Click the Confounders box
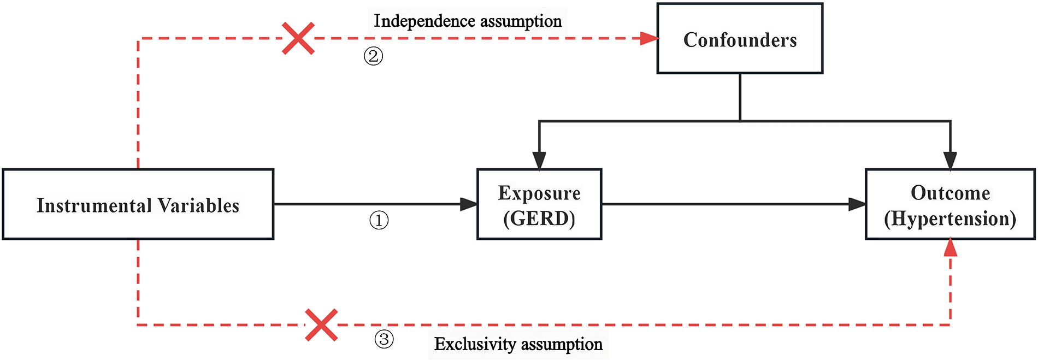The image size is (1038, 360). tap(740, 39)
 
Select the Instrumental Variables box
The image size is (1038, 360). tap(138, 204)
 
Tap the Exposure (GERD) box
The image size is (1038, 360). tap(539, 204)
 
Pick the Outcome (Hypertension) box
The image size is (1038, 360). tap(950, 204)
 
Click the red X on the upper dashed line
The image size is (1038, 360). tap(298, 38)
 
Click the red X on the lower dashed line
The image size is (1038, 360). tap(321, 325)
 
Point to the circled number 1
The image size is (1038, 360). tap(379, 221)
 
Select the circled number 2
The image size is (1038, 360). tap(374, 56)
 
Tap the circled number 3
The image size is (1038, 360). tap(384, 339)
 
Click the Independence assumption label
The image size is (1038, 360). tap(468, 21)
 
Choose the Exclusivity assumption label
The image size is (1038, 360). tap(518, 344)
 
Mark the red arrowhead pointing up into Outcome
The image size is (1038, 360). tap(951, 247)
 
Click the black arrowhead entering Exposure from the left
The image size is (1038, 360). tap(469, 204)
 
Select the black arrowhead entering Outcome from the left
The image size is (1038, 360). tap(857, 204)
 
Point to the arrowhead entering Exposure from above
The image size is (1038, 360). tap(539, 161)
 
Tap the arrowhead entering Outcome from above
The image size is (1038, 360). tap(950, 161)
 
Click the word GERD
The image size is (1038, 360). tap(539, 219)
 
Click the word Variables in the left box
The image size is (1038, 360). tap(198, 206)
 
